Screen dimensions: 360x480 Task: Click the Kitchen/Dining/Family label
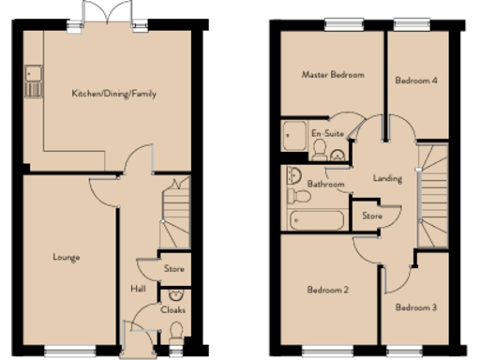point(114,94)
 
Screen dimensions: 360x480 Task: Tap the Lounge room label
point(66,257)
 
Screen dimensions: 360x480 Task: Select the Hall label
point(137,289)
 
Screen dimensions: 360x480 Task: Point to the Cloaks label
point(173,309)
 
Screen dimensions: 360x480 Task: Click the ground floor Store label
point(174,269)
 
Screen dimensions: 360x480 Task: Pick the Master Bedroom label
point(333,74)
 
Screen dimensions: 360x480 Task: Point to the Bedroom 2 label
point(328,291)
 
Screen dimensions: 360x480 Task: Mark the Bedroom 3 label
point(414,307)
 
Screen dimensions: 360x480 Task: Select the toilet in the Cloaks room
point(175,331)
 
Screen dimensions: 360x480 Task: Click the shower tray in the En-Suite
point(293,134)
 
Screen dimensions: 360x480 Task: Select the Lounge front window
point(69,352)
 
